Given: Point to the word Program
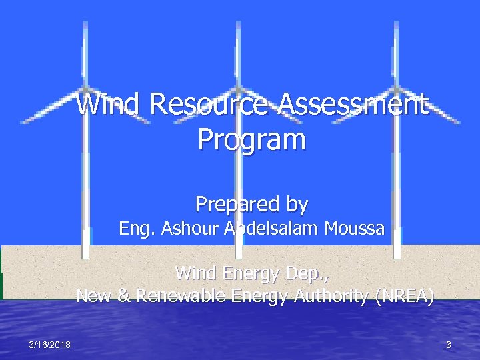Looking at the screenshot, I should (251, 140).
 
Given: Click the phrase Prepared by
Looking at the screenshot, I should (251, 203).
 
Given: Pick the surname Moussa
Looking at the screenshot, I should (354, 229).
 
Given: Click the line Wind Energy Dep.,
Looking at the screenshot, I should (251, 273).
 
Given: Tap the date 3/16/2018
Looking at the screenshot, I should (50, 345).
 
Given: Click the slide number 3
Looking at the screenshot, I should (449, 345).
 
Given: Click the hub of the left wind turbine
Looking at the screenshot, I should (85, 88).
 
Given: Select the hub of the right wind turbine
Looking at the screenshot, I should (396, 88).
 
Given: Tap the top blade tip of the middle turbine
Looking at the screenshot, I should (239, 23).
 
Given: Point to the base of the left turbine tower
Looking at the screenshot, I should (85, 255).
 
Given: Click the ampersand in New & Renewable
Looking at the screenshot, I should (123, 295).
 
